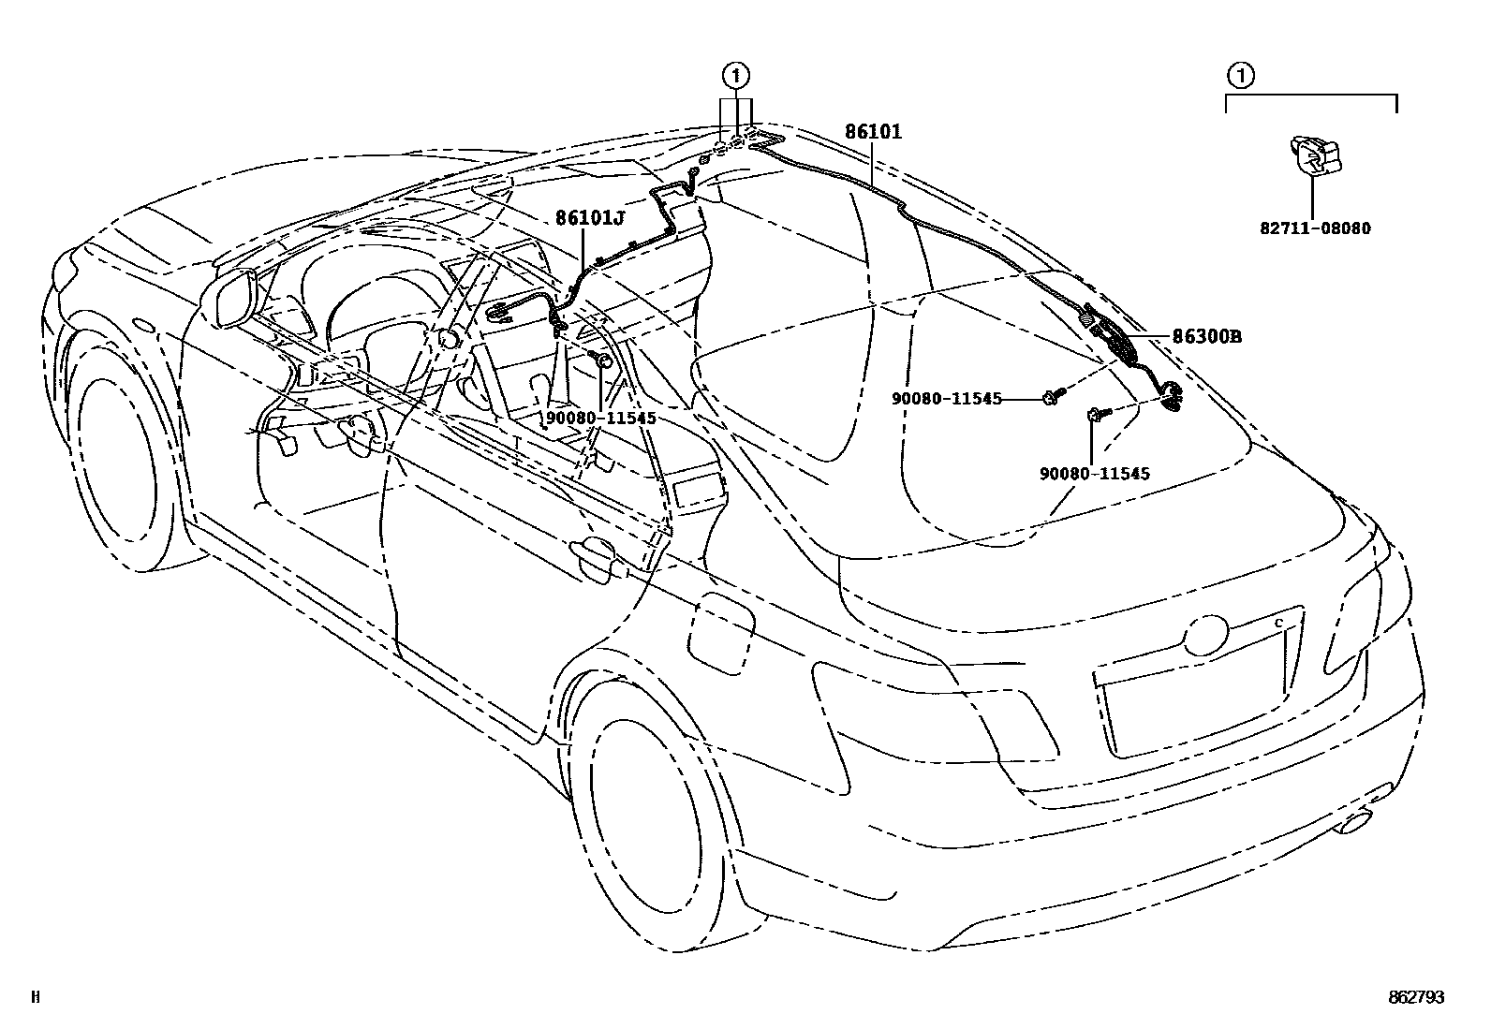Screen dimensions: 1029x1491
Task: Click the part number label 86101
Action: (x=873, y=132)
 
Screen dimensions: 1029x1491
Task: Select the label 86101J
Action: (x=589, y=217)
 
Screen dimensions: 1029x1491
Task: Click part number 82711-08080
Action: (x=1315, y=228)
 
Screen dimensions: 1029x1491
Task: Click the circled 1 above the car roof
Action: (x=737, y=74)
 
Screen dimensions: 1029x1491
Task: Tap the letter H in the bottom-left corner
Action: (x=35, y=998)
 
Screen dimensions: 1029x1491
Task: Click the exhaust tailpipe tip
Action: (x=1355, y=825)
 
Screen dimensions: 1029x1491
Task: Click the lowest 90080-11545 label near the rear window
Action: (x=1094, y=474)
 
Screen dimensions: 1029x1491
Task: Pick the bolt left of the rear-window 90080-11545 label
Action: (x=1050, y=398)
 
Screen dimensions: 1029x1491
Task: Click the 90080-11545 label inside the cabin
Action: (x=600, y=418)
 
